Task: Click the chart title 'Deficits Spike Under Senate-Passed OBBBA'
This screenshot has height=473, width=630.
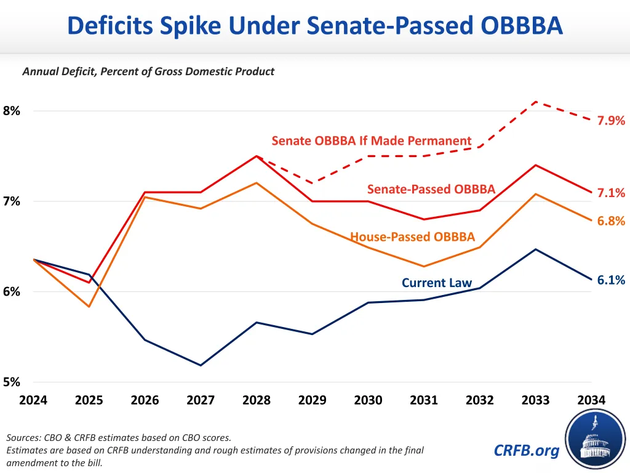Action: tap(314, 26)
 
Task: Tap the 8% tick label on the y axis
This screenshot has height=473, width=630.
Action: tap(12, 111)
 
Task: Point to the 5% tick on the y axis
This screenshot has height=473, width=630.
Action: tap(12, 382)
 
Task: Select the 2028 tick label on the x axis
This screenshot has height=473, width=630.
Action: tap(257, 400)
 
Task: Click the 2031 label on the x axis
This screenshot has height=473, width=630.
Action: tap(424, 400)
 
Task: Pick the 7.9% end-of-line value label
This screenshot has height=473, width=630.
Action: tap(611, 121)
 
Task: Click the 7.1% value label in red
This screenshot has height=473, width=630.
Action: tap(611, 193)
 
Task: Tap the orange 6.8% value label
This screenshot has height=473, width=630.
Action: tap(611, 221)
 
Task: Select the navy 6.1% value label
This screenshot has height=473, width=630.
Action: tap(611, 280)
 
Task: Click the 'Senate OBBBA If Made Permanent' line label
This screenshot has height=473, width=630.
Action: tap(372, 141)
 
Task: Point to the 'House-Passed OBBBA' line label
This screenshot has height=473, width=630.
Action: tap(412, 237)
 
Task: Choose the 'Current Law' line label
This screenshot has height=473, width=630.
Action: tap(437, 283)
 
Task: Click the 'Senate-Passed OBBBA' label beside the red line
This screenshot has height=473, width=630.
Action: tap(431, 189)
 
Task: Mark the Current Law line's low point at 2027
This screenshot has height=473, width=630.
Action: tap(201, 365)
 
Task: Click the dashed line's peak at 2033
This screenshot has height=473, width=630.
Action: tap(536, 101)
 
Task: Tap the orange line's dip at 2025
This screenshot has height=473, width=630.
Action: tap(89, 306)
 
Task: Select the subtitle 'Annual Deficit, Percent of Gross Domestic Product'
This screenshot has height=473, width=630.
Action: tap(148, 71)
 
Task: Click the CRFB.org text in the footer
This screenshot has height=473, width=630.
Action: tap(527, 451)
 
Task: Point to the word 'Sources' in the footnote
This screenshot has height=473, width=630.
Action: tap(24, 438)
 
